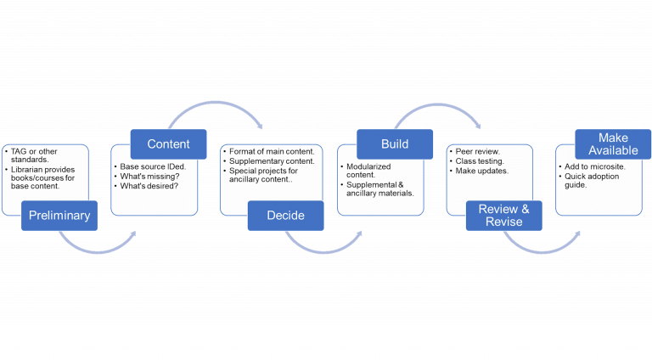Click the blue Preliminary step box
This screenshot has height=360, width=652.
[x=59, y=216]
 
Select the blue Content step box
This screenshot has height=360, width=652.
[x=168, y=143]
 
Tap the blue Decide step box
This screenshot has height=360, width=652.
[x=285, y=216]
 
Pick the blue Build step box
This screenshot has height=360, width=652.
[x=394, y=143]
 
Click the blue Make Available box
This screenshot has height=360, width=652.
[x=613, y=143]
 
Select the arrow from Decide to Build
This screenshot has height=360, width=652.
[x=323, y=246]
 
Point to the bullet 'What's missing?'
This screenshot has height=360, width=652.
[x=145, y=176]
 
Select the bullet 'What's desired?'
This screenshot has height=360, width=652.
[x=145, y=186]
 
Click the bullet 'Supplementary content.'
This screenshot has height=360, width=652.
[x=271, y=160]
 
